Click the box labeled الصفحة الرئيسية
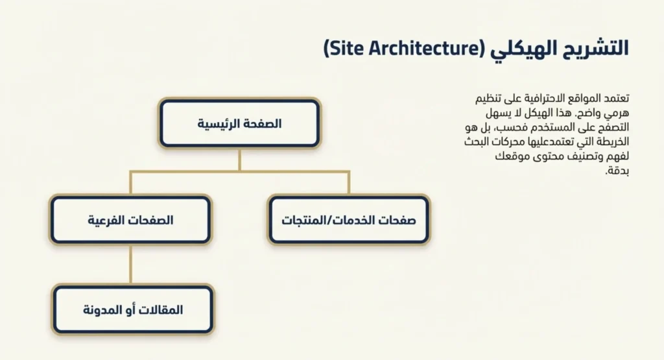point(239,123)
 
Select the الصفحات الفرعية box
point(130,220)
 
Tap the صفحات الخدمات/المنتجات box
point(348,220)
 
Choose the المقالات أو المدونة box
point(133,309)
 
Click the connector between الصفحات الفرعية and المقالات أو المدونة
point(130,265)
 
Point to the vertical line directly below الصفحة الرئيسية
point(239,160)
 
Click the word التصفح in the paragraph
point(611,128)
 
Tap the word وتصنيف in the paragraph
point(581,158)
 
